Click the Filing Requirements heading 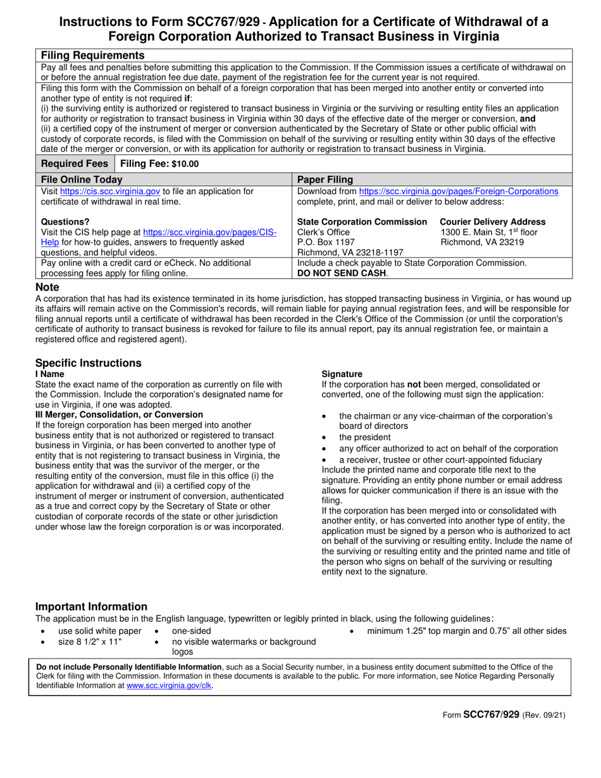point(92,55)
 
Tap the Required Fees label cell point(75,163)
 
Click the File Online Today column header point(82,179)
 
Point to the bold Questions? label point(65,222)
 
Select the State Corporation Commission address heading point(362,222)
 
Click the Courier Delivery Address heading point(492,222)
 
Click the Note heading point(47,287)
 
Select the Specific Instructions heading point(88,363)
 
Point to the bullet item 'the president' point(365,437)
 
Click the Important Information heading point(91,607)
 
